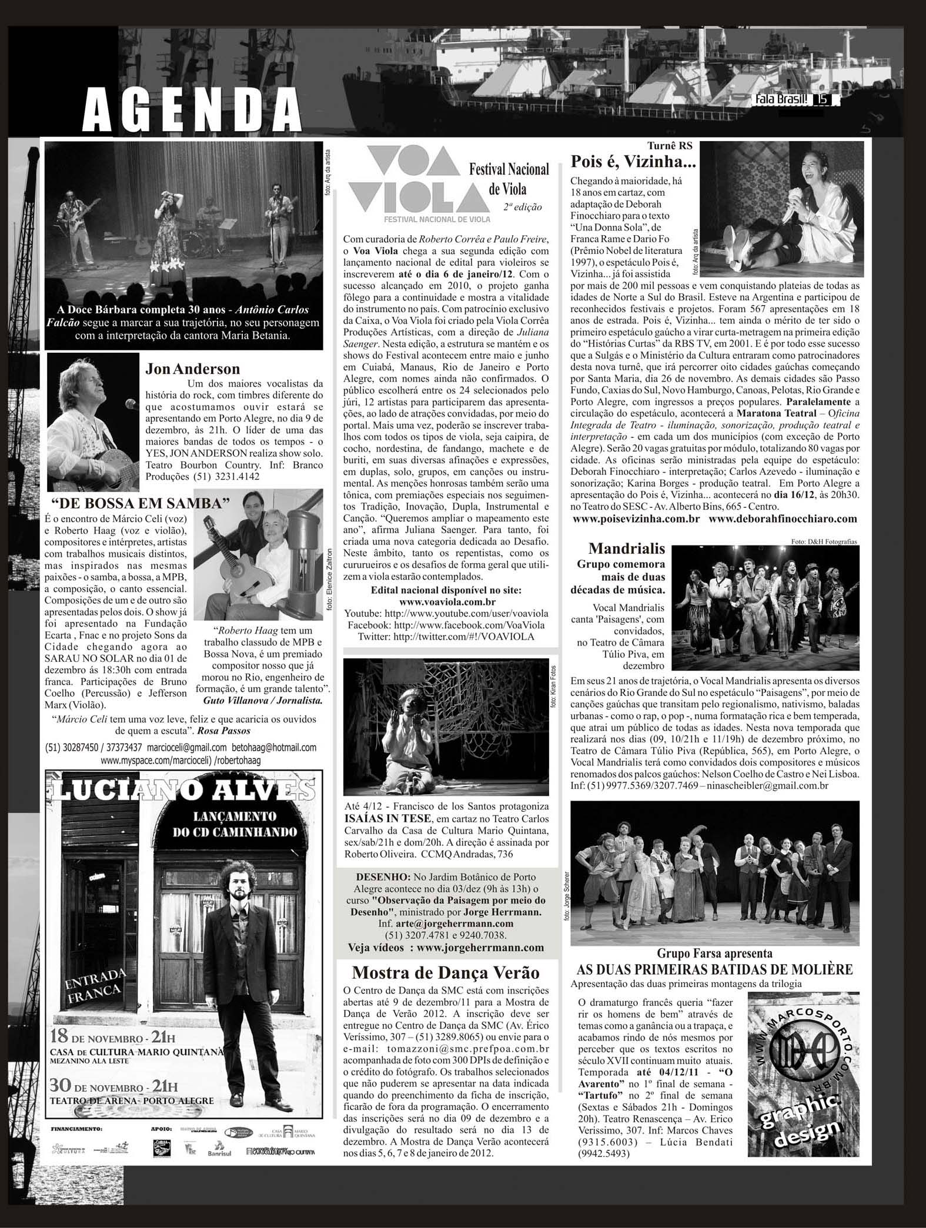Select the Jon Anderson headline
click(x=193, y=369)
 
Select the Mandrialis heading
click(x=627, y=549)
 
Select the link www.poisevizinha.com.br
click(x=636, y=518)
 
